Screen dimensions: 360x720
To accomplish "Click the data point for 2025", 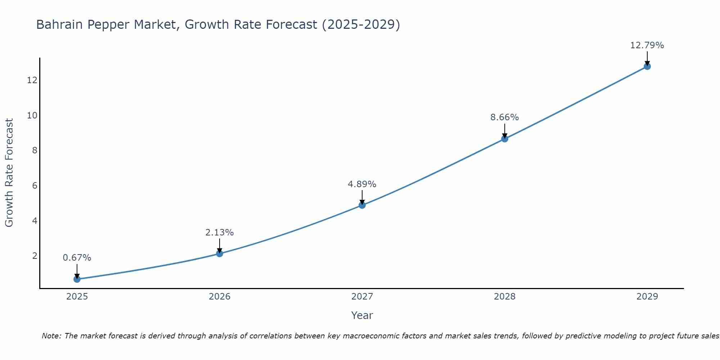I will click(x=77, y=279).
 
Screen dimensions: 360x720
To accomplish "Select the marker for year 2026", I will click(x=220, y=253).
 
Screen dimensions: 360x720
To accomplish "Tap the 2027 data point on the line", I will click(x=362, y=205).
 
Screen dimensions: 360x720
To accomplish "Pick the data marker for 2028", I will click(x=505, y=139).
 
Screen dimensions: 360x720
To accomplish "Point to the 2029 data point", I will click(x=647, y=66).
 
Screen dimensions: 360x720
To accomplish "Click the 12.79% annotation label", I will click(x=647, y=45).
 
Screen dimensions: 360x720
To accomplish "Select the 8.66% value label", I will click(x=504, y=117).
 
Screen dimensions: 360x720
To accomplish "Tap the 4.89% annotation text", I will click(x=362, y=184).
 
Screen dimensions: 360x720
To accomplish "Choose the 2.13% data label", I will click(x=219, y=233).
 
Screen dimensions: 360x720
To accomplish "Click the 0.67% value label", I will click(x=77, y=258).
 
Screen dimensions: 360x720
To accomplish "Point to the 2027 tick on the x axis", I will click(x=362, y=297).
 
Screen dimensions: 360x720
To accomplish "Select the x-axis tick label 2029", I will click(x=647, y=297).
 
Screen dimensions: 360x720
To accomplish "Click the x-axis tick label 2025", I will click(x=77, y=297).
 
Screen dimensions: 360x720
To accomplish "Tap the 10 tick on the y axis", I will click(x=32, y=115).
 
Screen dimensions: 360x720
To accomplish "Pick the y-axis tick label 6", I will click(x=35, y=185).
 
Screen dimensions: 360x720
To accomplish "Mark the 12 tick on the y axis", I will click(x=32, y=80).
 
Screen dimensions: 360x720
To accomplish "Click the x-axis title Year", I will click(x=362, y=315).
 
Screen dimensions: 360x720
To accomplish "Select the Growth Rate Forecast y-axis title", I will click(x=9, y=173).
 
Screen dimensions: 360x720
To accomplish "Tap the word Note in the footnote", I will click(x=51, y=336).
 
